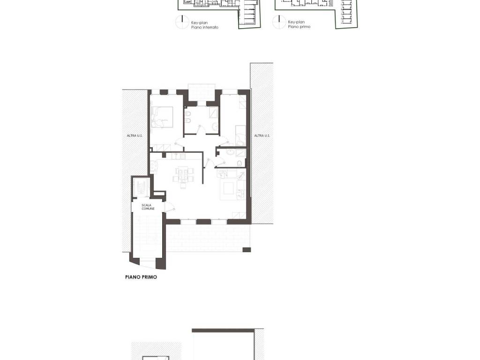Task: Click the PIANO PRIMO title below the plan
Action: pos(141,277)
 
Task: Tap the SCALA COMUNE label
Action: pos(148,207)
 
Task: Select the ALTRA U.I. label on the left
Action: pos(135,135)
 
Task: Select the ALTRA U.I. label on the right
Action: pos(262,135)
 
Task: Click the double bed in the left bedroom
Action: pos(162,117)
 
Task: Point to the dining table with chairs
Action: pos(183,176)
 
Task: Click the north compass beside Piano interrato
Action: pos(182,22)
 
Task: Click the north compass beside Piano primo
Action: pos(279,22)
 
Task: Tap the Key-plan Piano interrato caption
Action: pos(204,25)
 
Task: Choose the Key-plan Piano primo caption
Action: pos(299,24)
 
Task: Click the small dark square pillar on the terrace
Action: pos(247,250)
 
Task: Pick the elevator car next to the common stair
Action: pos(141,187)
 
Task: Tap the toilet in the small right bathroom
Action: pos(239,163)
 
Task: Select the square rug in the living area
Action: pos(229,188)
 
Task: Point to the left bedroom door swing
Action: pos(179,143)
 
